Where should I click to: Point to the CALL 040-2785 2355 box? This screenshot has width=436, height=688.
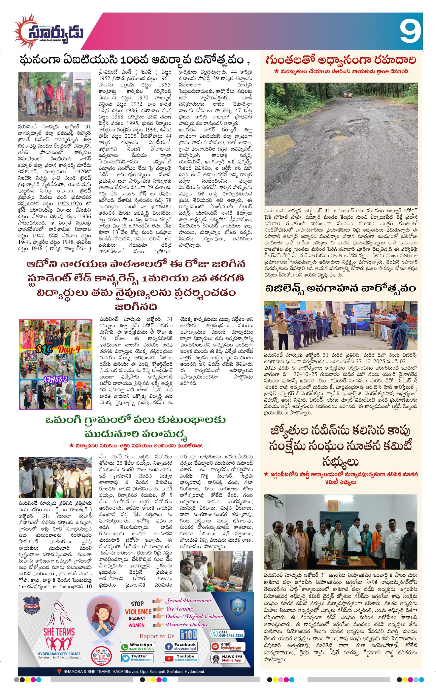click(227, 634)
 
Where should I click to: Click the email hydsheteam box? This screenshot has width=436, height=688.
click(227, 646)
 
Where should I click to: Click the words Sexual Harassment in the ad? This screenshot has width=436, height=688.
click(189, 601)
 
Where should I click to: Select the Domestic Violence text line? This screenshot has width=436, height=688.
click(187, 625)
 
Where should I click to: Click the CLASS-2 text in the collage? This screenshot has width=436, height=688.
click(56, 379)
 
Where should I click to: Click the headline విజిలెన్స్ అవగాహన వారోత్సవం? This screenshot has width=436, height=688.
click(340, 289)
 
